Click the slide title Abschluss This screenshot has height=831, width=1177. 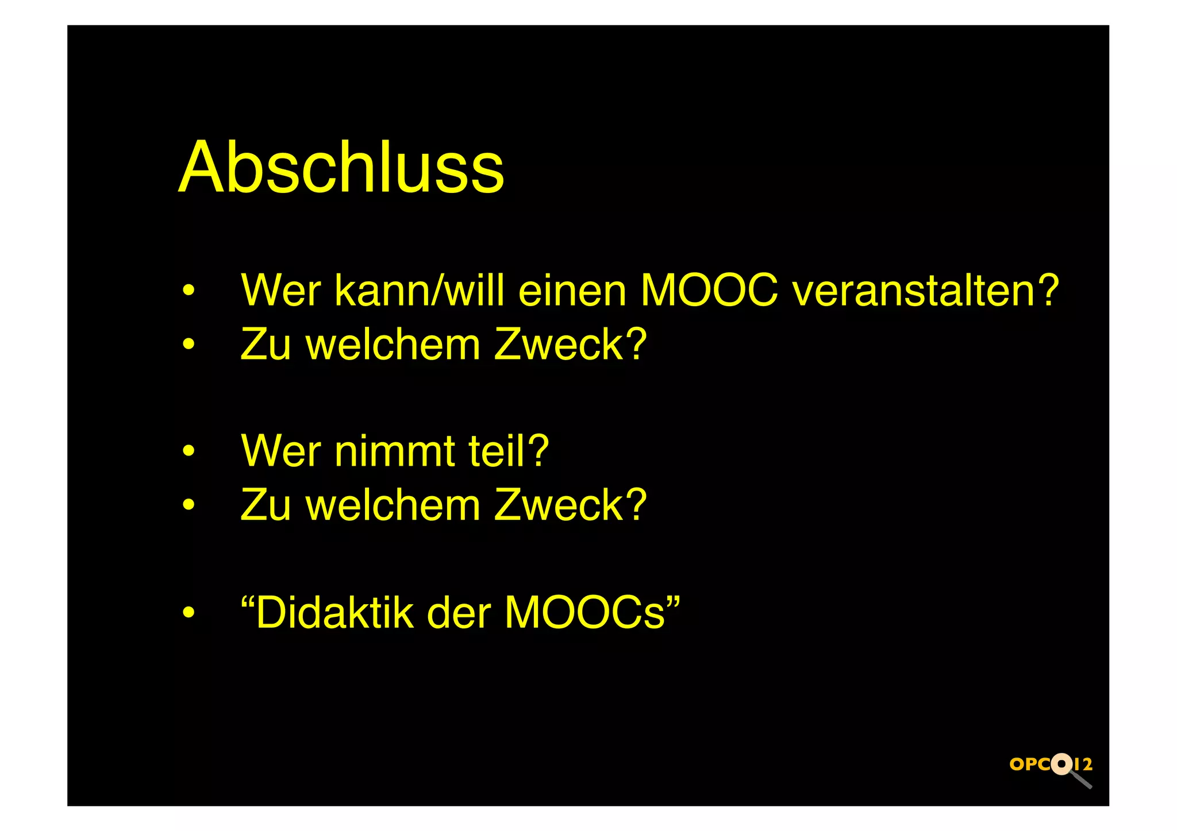tap(341, 167)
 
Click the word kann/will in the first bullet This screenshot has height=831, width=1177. tap(419, 291)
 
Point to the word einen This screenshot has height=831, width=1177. tap(572, 291)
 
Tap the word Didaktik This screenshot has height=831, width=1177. tap(334, 613)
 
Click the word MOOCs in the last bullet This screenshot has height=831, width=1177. tap(584, 613)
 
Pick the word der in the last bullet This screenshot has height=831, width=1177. tap(459, 613)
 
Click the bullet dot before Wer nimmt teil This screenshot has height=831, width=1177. tap(189, 451)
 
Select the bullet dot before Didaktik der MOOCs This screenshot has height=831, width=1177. tap(189, 613)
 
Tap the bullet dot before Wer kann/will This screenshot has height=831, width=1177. tap(189, 291)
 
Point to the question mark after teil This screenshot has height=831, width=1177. tap(539, 451)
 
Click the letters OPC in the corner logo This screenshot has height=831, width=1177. tap(1030, 764)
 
